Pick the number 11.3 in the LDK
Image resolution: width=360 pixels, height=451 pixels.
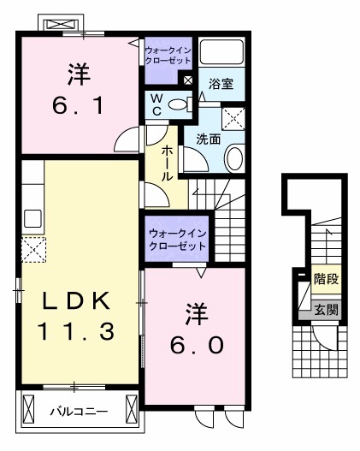(74, 331)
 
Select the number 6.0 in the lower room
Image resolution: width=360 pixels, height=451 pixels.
(194, 343)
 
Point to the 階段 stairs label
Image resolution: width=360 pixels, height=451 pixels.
(324, 278)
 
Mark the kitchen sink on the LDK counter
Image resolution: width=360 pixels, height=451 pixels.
(32, 217)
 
